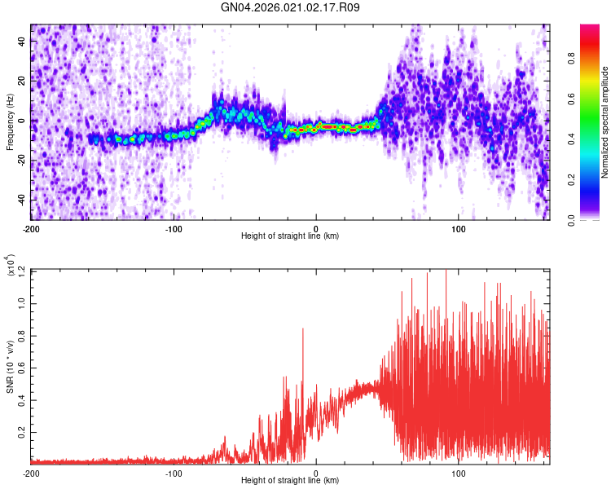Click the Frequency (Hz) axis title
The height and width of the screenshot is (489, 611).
(10, 122)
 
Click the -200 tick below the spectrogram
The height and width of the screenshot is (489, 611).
(32, 227)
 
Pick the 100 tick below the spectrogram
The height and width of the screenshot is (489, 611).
(458, 227)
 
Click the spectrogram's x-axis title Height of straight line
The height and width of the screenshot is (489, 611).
(290, 236)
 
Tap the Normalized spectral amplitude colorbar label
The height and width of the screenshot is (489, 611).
(605, 122)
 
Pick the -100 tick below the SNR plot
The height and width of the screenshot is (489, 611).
(174, 473)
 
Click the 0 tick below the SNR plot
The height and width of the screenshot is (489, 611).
(316, 473)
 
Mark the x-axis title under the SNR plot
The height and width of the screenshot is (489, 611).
(290, 481)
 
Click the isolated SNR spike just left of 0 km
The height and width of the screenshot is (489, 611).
(303, 329)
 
